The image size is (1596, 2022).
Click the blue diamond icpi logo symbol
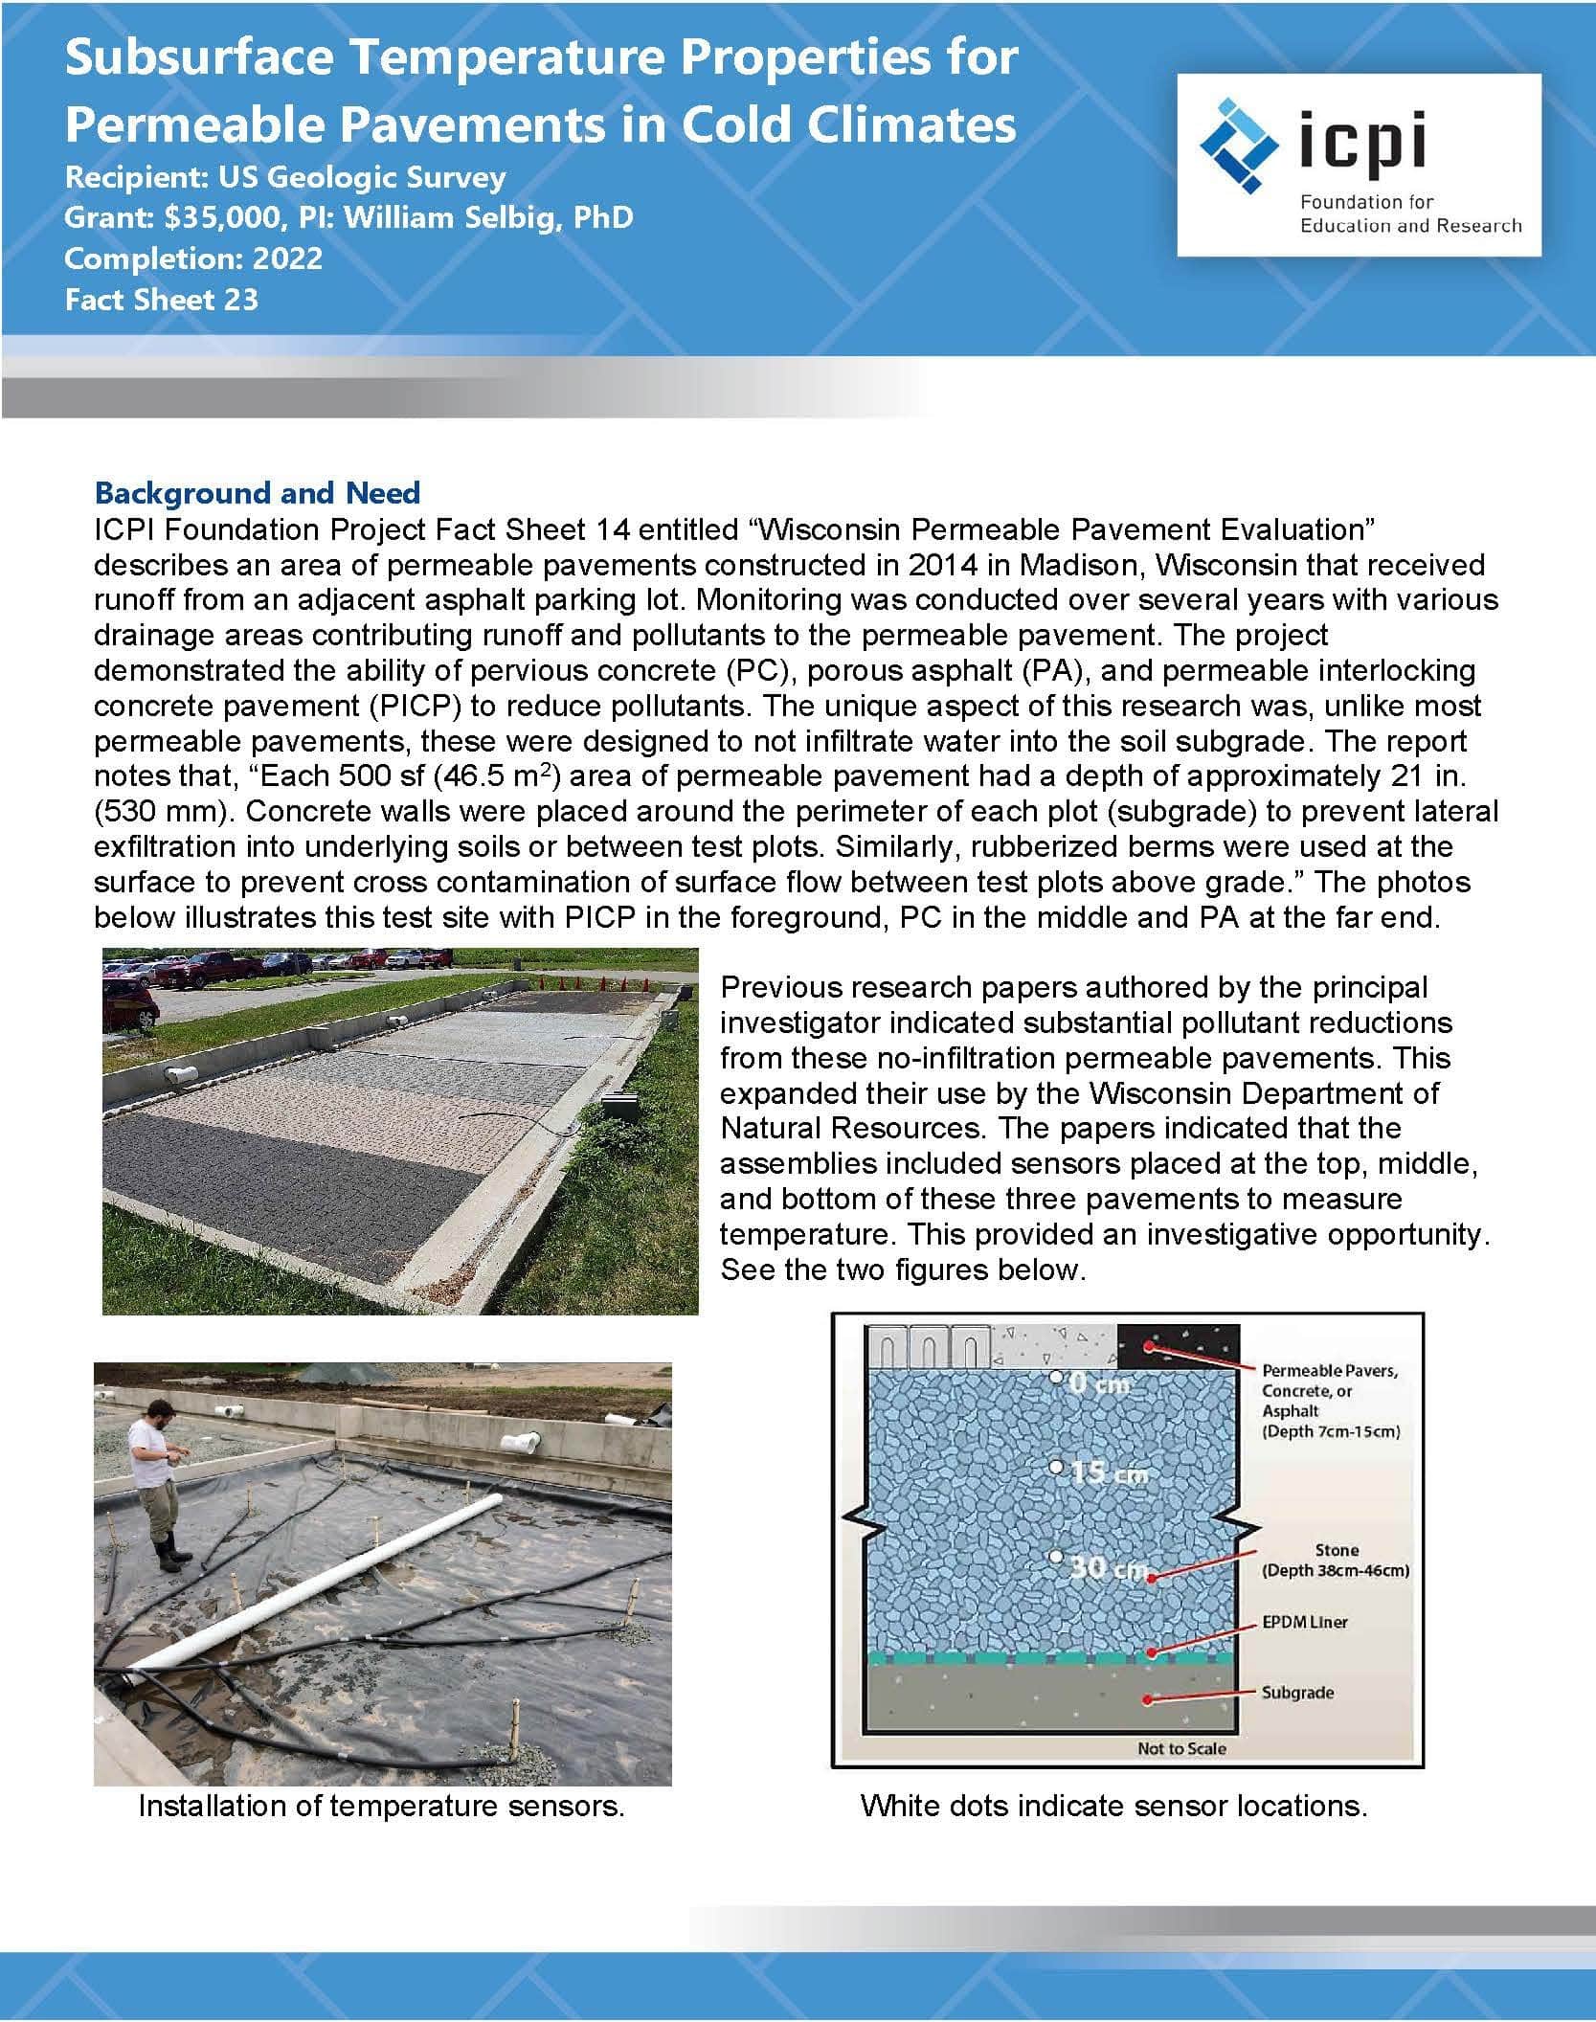(1241, 145)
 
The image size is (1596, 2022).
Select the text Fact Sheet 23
(162, 300)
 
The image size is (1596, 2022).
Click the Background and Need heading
(258, 493)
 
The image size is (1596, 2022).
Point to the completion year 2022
(287, 258)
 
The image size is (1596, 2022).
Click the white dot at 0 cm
(1055, 1378)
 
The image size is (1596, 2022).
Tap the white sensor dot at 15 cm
(1055, 1468)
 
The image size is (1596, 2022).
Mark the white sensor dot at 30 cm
(1055, 1558)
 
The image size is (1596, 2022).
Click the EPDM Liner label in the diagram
(1305, 1622)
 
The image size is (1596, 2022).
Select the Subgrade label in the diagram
(1297, 1692)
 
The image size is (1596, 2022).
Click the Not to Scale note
(1181, 1748)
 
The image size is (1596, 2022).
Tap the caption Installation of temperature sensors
(381, 1806)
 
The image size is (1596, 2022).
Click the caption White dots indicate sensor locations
(1113, 1806)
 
